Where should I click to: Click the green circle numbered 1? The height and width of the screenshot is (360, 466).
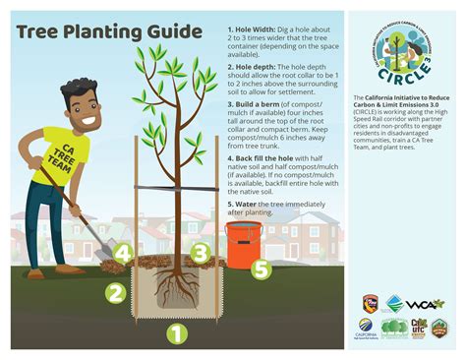(176, 334)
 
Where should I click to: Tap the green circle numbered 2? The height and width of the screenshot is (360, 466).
(115, 292)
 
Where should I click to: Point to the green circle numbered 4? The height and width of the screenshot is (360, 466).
(121, 254)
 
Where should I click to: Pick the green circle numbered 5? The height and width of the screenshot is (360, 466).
(261, 268)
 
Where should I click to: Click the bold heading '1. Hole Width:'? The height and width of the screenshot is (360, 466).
(252, 30)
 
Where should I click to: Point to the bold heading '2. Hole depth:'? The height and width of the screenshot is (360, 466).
(253, 67)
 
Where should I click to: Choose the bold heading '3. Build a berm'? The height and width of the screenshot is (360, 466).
(257, 103)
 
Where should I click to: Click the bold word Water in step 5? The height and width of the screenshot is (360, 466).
(247, 204)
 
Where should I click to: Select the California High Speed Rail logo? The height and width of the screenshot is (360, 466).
(366, 329)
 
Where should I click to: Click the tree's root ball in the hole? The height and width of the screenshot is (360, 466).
(176, 290)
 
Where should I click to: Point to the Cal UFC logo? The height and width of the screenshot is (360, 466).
(419, 328)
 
